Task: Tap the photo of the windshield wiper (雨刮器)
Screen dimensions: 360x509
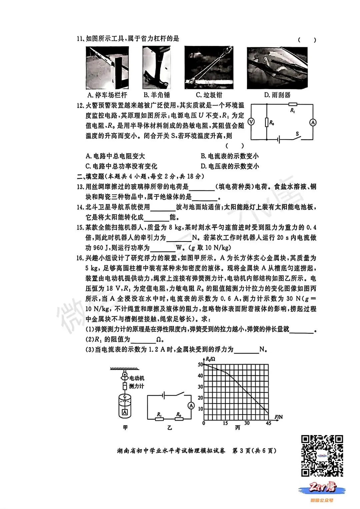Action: click(x=277, y=68)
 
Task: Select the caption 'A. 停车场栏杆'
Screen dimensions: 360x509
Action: click(x=107, y=95)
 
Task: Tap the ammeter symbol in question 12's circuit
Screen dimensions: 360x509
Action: click(x=313, y=122)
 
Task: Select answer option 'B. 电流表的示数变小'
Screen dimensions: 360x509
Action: click(x=230, y=156)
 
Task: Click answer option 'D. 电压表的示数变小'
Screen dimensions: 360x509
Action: click(x=230, y=166)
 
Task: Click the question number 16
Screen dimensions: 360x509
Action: click(x=80, y=258)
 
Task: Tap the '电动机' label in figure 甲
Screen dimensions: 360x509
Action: click(x=137, y=378)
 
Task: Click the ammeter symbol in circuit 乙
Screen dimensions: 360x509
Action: click(x=191, y=406)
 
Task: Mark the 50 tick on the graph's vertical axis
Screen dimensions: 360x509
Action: click(x=200, y=365)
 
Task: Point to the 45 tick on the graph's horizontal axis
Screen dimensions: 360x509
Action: click(x=268, y=423)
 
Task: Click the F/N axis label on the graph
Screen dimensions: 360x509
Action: click(x=278, y=417)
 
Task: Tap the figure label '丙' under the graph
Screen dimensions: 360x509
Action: click(x=237, y=428)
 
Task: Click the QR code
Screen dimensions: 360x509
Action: click(x=322, y=456)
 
